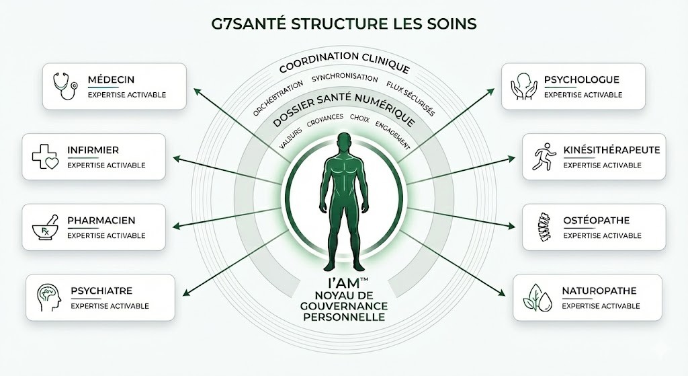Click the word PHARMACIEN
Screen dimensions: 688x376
tap(101, 221)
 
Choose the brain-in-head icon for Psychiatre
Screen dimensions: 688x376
tap(49, 297)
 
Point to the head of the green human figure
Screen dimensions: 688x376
tap(344, 143)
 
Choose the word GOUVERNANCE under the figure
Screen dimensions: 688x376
tap(344, 307)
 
